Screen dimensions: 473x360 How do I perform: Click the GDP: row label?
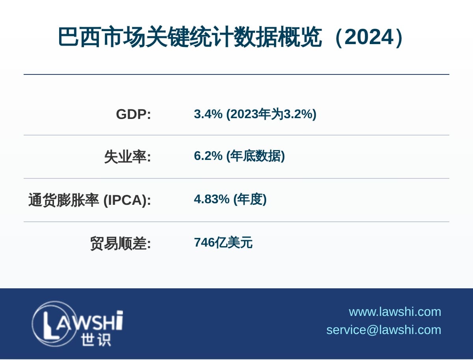click(133, 114)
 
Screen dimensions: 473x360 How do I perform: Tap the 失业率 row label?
click(128, 157)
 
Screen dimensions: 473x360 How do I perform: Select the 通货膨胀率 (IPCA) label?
click(89, 200)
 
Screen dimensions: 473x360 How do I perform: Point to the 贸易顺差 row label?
click(121, 243)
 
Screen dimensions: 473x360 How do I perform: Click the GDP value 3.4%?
click(208, 114)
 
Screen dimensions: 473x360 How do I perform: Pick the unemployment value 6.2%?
click(208, 156)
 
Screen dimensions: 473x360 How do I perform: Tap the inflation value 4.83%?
click(212, 199)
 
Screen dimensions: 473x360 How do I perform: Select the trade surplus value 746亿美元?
click(223, 243)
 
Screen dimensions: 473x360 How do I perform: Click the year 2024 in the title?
click(369, 37)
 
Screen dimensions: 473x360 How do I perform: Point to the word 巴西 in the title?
click(79, 37)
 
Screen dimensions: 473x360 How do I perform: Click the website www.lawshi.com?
click(395, 312)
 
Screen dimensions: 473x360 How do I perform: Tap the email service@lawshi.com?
click(384, 330)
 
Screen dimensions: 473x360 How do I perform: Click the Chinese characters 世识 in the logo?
click(96, 340)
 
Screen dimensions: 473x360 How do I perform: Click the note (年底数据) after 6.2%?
click(255, 156)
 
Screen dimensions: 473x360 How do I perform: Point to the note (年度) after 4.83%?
click(250, 199)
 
